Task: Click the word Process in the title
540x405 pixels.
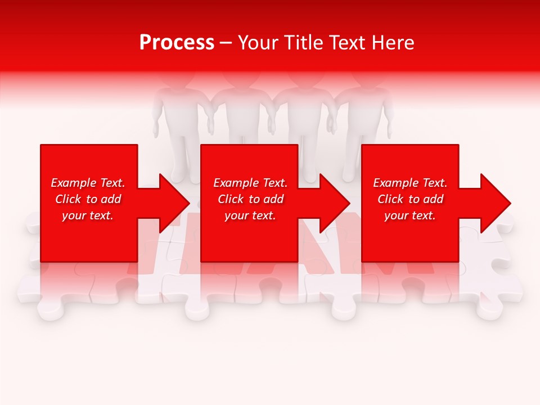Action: click(x=177, y=43)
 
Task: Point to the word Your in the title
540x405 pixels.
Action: click(x=260, y=43)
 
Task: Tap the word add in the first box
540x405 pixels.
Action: click(x=111, y=199)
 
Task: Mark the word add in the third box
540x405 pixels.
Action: click(x=434, y=199)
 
